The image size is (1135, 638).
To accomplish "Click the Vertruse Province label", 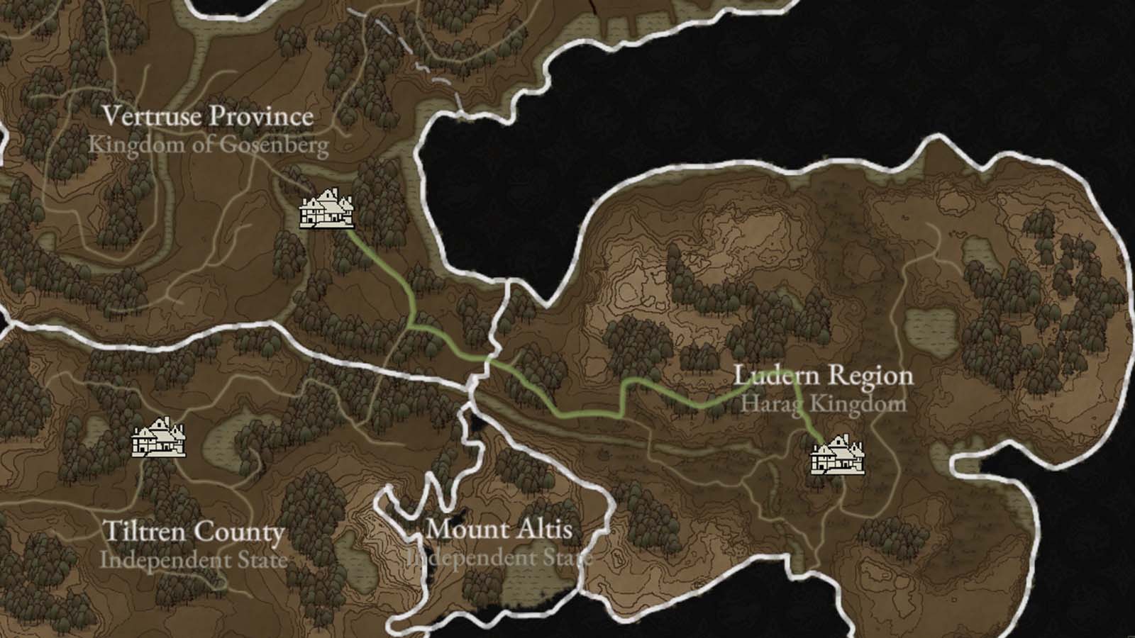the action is coord(207,116).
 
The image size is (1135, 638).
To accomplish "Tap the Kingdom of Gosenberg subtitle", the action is coord(209,145).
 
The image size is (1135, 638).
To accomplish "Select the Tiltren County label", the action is coord(194,532).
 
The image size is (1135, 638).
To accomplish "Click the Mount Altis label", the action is coord(499,529).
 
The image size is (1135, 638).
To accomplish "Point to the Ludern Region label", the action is coord(823,375).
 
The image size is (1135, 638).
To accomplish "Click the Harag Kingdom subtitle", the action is coord(823,403).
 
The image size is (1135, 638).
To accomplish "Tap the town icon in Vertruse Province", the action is coord(326,210).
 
